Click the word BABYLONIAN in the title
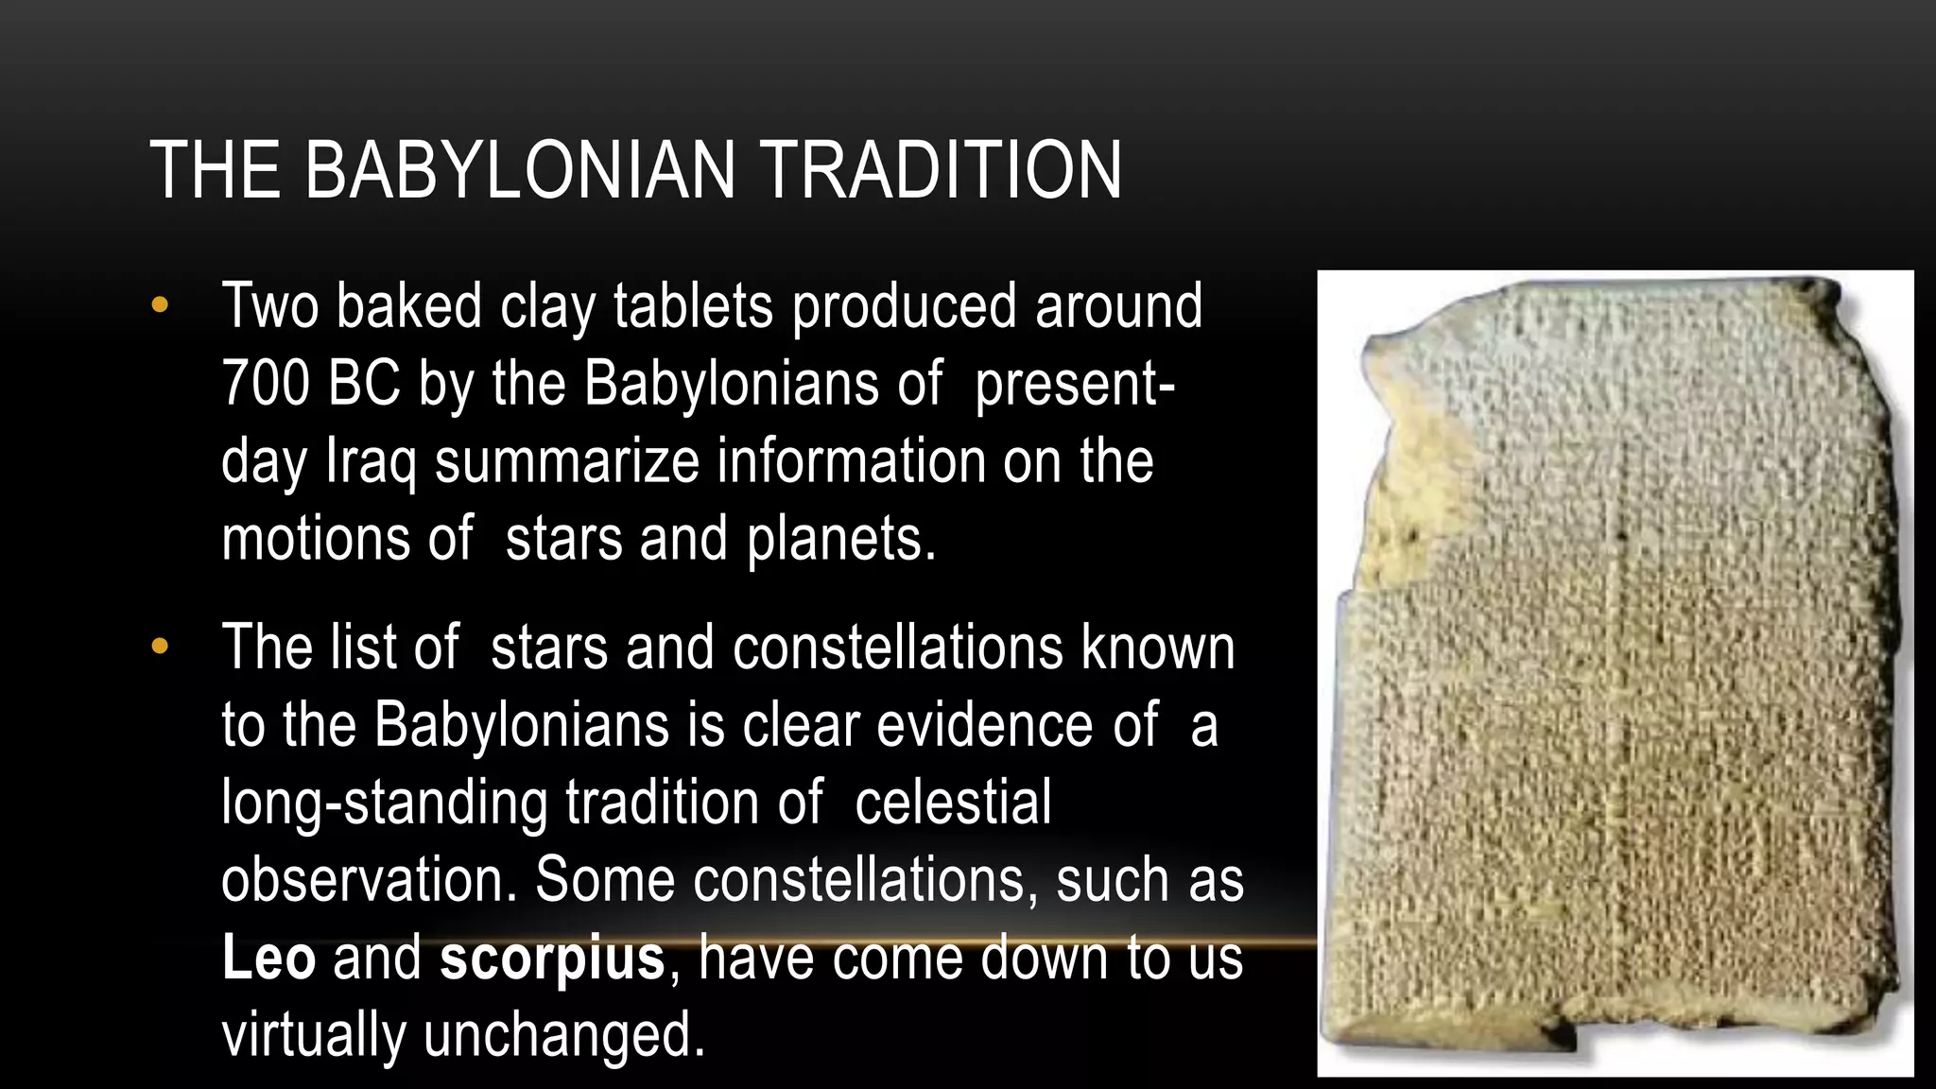[x=519, y=170]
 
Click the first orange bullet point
[x=159, y=305]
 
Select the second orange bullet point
[x=159, y=648]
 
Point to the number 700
[x=265, y=384]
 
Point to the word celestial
[x=953, y=802]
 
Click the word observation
[x=369, y=879]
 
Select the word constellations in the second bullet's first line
[x=897, y=648]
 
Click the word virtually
[x=313, y=1034]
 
